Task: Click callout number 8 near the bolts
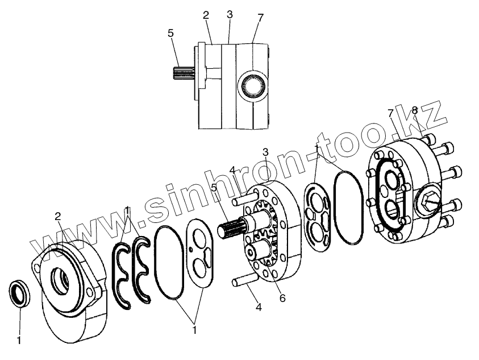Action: click(414, 110)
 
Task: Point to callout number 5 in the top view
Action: click(171, 34)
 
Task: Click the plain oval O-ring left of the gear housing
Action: click(169, 261)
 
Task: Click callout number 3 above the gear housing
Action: click(265, 152)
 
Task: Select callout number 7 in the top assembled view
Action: click(260, 18)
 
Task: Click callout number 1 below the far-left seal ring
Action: click(19, 341)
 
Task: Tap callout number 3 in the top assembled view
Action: click(229, 14)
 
